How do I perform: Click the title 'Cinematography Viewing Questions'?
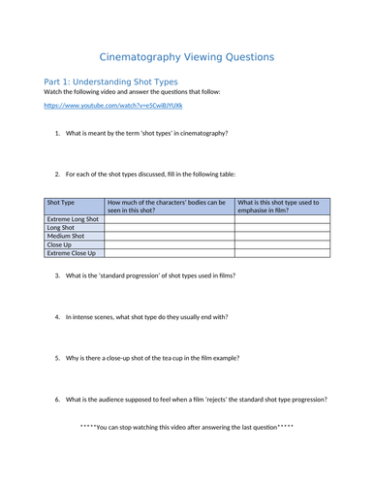pyautogui.click(x=187, y=57)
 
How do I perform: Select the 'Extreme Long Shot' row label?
pyautogui.click(x=73, y=220)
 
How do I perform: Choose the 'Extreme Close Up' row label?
pyautogui.click(x=72, y=253)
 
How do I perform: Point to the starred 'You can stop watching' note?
pyautogui.click(x=187, y=427)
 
